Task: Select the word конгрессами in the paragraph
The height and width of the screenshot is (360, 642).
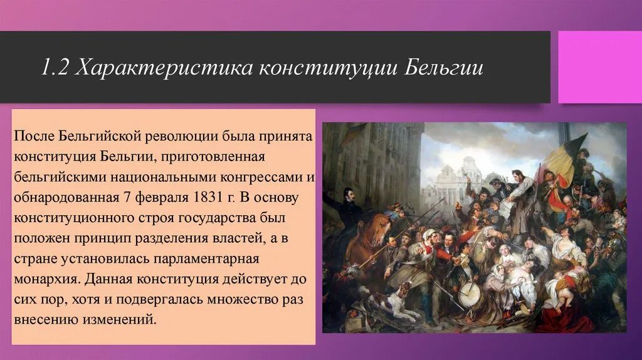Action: tap(266, 177)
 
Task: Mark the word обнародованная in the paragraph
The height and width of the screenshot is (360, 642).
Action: tap(66, 198)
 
